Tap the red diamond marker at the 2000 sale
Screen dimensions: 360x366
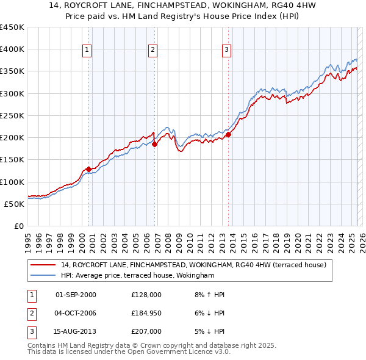pos(88,169)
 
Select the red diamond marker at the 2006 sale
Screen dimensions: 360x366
pos(154,145)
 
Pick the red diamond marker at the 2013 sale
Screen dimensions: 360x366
pos(228,135)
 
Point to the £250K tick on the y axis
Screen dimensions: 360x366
pos(12,115)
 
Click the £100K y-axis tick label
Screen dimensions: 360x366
pos(12,182)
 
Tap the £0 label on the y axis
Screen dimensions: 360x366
pos(18,226)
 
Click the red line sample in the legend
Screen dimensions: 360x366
pos(43,265)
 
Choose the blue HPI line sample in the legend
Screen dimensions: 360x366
pos(43,276)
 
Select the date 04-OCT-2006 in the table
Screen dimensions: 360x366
pos(76,313)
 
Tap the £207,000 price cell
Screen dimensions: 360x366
pos(146,331)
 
